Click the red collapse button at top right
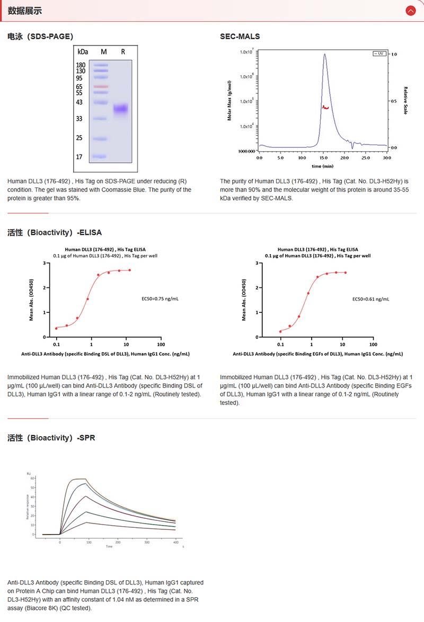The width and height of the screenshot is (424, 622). (x=410, y=11)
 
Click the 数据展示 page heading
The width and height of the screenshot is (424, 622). (x=24, y=11)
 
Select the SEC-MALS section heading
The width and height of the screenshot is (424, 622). (x=240, y=37)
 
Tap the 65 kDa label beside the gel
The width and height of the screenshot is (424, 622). (x=79, y=86)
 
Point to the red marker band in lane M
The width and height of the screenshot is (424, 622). (x=101, y=86)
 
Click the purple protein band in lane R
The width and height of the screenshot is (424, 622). (x=121, y=109)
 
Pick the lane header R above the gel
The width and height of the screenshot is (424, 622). (x=123, y=51)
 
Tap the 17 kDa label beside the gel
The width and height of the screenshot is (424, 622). (x=79, y=157)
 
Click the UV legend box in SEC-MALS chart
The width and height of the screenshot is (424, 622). (x=379, y=54)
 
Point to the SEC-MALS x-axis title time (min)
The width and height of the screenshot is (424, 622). (x=322, y=166)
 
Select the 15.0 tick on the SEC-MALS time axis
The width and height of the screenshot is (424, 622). (x=323, y=158)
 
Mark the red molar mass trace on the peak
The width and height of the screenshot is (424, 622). (x=325, y=107)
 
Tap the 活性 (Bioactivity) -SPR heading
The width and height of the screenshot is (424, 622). (x=51, y=438)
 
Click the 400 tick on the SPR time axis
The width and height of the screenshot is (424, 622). (x=175, y=542)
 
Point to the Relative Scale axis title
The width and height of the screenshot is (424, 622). (x=405, y=101)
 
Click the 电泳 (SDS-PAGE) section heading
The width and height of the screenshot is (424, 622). (x=40, y=37)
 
